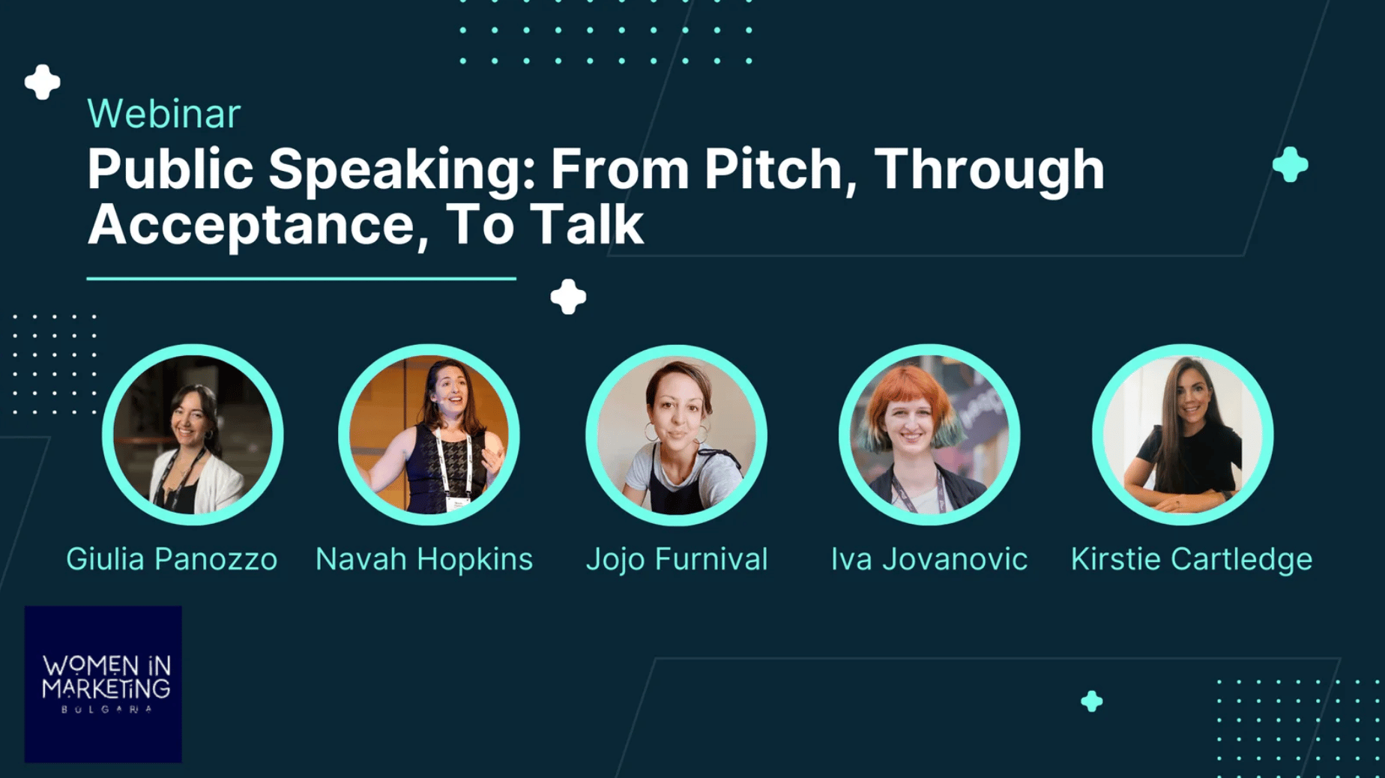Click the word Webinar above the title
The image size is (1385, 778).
pyautogui.click(x=163, y=114)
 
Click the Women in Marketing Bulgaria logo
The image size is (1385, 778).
pyautogui.click(x=103, y=684)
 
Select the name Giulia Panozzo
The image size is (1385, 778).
pyautogui.click(x=172, y=559)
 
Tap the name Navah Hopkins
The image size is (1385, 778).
pyautogui.click(x=424, y=559)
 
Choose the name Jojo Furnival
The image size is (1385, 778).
pyautogui.click(x=677, y=559)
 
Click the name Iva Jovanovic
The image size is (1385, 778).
pyautogui.click(x=929, y=559)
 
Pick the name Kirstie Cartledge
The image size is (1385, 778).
pyautogui.click(x=1192, y=559)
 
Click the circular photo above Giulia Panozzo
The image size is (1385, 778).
pyautogui.click(x=193, y=435)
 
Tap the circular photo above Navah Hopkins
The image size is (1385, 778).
pyautogui.click(x=429, y=435)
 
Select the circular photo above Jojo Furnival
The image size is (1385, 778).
pyautogui.click(x=676, y=435)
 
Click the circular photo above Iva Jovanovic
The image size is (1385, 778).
pyautogui.click(x=929, y=435)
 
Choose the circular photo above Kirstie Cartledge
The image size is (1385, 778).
pyautogui.click(x=1183, y=435)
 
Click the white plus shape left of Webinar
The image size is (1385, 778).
pyautogui.click(x=43, y=82)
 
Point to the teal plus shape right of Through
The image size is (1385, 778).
pyautogui.click(x=1291, y=165)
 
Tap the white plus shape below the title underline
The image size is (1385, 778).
pyautogui.click(x=569, y=297)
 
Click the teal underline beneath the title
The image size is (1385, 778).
pyautogui.click(x=301, y=279)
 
